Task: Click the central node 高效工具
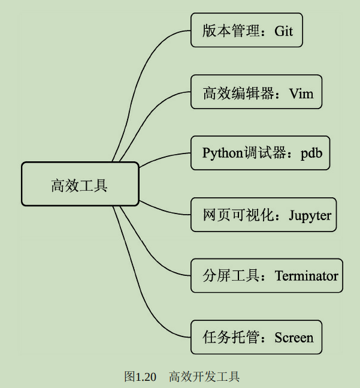tap(80, 185)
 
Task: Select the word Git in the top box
tap(284, 31)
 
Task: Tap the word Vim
tap(301, 93)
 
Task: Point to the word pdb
tap(311, 154)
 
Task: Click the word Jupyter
tap(310, 215)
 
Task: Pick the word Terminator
tap(307, 276)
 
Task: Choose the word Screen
tap(294, 338)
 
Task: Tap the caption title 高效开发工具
tap(204, 377)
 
